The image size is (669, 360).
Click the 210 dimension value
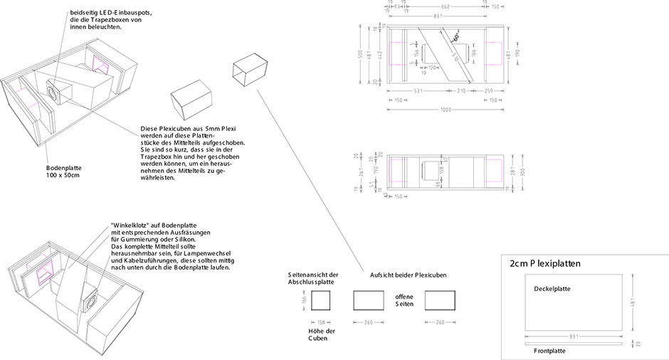click(x=461, y=90)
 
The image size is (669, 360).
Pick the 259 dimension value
click(x=488, y=90)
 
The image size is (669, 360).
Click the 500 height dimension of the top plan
click(x=361, y=55)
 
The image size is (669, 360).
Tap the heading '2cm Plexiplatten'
click(x=545, y=263)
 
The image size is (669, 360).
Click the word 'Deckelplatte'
click(x=552, y=290)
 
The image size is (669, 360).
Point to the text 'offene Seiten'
click(x=404, y=300)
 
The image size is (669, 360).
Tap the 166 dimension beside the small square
click(x=302, y=302)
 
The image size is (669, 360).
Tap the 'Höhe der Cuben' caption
click(x=321, y=335)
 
